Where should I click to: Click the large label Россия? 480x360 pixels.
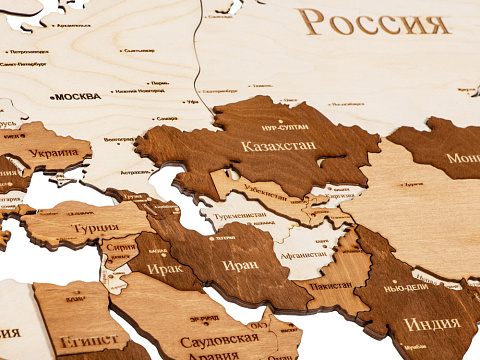click(375, 22)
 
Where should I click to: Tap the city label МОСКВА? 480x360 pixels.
click(78, 97)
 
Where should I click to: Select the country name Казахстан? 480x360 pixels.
click(279, 146)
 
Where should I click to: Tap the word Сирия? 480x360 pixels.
click(122, 247)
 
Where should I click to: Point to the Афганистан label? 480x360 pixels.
click(304, 254)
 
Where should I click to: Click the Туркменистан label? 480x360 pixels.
click(238, 215)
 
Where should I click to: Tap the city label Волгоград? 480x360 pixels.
click(118, 139)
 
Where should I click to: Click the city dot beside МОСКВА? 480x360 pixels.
click(51, 97)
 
